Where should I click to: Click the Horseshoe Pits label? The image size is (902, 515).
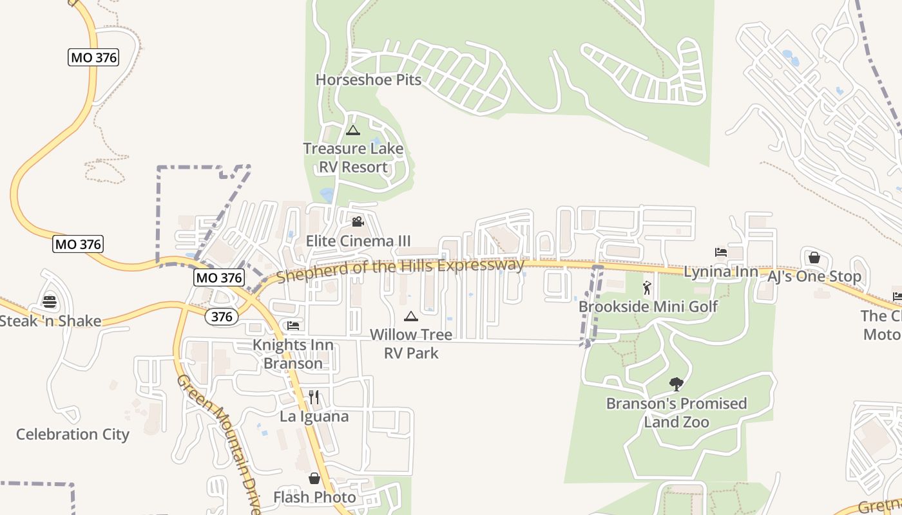click(368, 80)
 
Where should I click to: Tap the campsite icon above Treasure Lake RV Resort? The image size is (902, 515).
click(352, 130)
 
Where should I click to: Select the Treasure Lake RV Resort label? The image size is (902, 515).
click(353, 158)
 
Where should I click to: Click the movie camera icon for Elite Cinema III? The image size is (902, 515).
click(358, 222)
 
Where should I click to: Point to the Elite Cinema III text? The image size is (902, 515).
click(358, 241)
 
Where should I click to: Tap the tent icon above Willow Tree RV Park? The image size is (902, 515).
click(410, 316)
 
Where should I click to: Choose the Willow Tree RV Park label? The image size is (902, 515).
click(410, 344)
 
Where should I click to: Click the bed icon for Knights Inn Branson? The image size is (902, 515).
click(293, 325)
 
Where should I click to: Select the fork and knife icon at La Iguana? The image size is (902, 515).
click(314, 397)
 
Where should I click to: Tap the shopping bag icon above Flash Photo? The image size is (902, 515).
click(314, 478)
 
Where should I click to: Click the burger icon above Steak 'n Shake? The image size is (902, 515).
click(50, 301)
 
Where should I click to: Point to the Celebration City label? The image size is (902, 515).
click(73, 435)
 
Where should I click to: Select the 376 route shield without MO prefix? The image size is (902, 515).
click(222, 317)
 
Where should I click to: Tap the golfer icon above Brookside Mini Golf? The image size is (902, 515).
click(648, 288)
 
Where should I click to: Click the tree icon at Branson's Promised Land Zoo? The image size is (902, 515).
click(676, 384)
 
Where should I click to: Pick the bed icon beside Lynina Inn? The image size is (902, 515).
click(721, 252)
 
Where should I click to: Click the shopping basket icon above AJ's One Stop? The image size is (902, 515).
click(814, 257)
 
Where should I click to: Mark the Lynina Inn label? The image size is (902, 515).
click(721, 272)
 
